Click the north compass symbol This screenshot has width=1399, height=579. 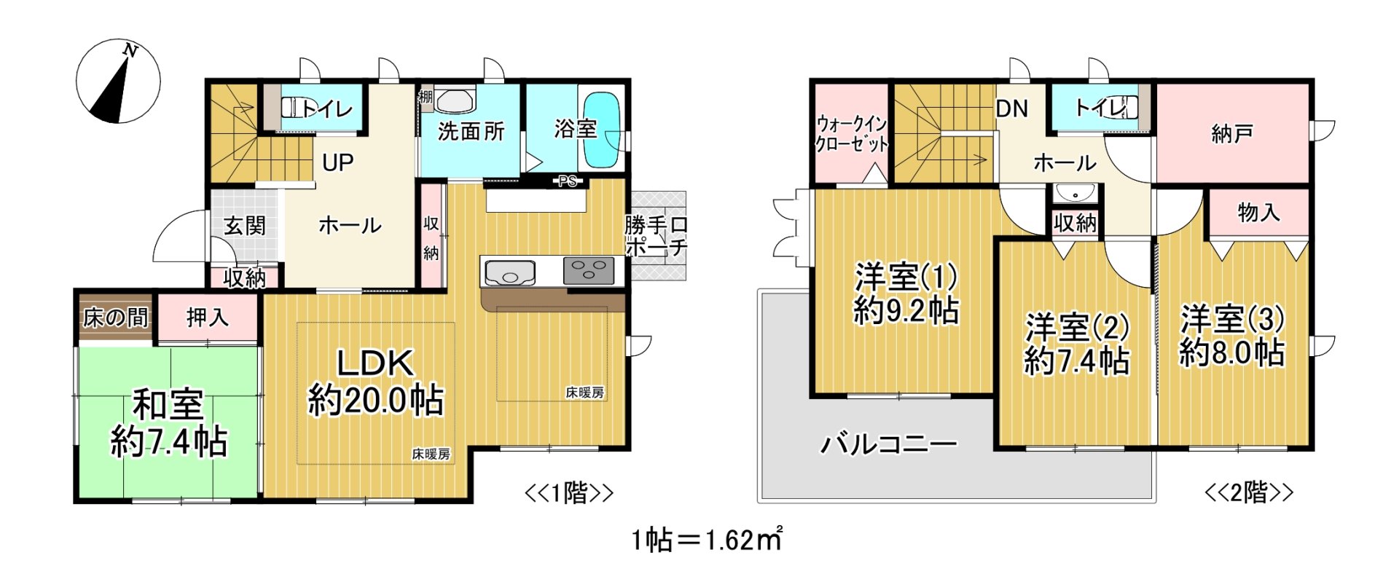[118, 81]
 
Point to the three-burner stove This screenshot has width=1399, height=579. [589, 271]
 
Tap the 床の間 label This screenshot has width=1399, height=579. [115, 318]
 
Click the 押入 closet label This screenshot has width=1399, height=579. [208, 317]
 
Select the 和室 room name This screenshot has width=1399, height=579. [168, 405]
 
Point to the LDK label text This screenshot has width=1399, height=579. [375, 363]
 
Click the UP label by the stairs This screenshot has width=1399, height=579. [337, 162]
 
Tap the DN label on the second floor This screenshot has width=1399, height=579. [1011, 109]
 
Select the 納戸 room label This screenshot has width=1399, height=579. [1231, 134]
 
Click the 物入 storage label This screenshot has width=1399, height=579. [1258, 213]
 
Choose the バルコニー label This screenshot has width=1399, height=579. [888, 444]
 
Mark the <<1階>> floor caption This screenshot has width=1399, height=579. [569, 493]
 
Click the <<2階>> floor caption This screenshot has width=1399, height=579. [1248, 493]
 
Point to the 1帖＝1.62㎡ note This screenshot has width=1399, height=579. [706, 540]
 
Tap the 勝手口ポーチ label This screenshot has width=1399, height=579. [656, 236]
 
